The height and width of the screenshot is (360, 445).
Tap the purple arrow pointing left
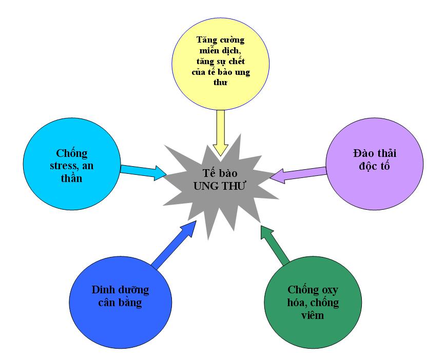(x=298, y=173)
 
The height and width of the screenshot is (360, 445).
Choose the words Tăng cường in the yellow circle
(x=222, y=39)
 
